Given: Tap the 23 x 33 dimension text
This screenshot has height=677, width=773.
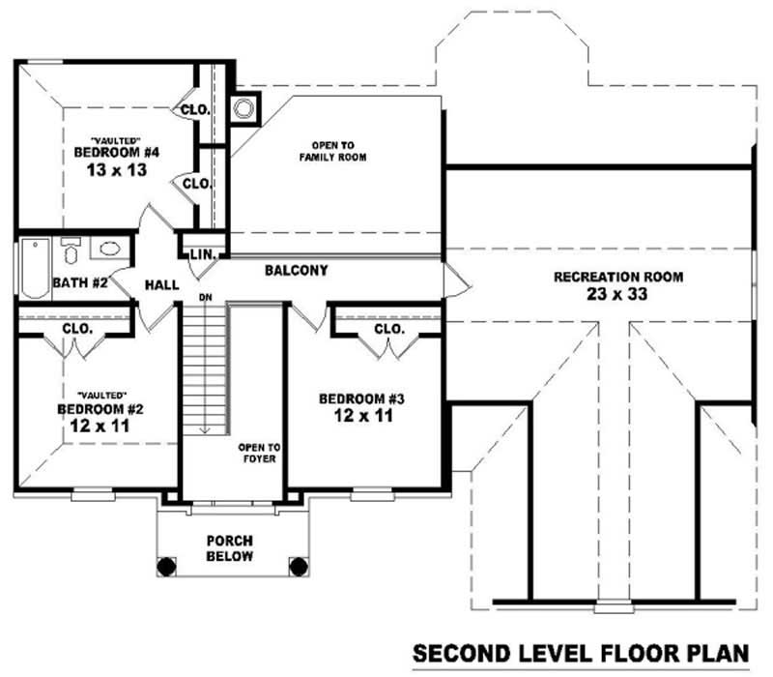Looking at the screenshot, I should coord(618,294).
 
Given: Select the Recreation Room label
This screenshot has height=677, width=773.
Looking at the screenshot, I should coord(618,277).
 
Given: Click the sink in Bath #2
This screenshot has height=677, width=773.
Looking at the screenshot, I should coord(110,249).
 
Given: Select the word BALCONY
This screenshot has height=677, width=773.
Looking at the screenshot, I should coord(296,271).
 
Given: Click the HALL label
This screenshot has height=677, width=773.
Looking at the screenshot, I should coord(160,286).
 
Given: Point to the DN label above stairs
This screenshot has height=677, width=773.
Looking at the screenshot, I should coord(205,297).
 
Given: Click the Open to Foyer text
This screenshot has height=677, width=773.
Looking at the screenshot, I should coord(259,453).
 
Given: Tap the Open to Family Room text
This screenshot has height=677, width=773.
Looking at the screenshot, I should coord(332,151).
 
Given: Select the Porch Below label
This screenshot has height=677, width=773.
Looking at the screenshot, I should coord(230,548).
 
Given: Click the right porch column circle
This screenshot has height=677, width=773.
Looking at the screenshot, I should coord(299,565).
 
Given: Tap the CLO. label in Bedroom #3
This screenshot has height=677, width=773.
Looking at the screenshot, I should coord(388,329).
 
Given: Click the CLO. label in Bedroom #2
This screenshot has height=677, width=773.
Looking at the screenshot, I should coord(76,329).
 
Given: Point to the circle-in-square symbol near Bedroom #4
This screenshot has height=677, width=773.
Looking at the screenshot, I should coord(243,107).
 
